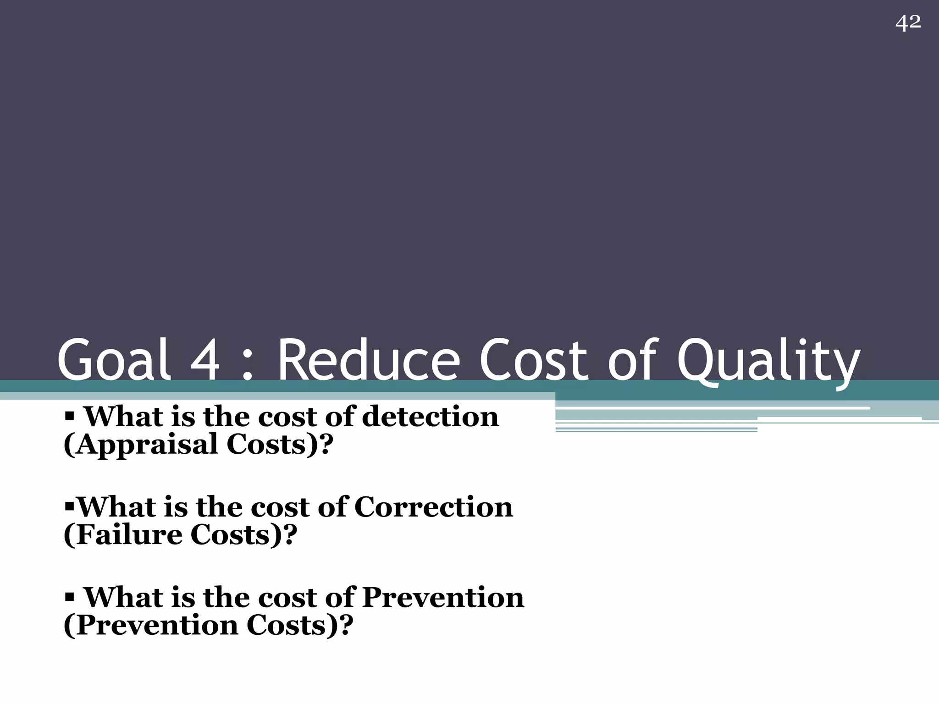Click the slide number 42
908,22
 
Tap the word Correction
433,507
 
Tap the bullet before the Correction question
69,507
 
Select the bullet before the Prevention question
69,598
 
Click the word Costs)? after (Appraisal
279,445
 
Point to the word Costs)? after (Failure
243,535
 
